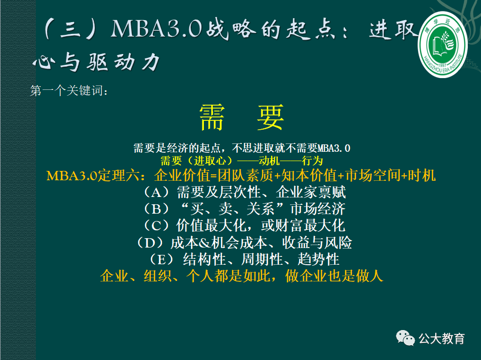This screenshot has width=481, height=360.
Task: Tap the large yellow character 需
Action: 212,117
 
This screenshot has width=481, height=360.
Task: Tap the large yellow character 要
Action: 270,117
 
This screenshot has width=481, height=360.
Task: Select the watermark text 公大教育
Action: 442,338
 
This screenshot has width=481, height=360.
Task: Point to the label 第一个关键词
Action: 69,91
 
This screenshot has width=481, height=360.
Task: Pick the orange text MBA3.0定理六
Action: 96,175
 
